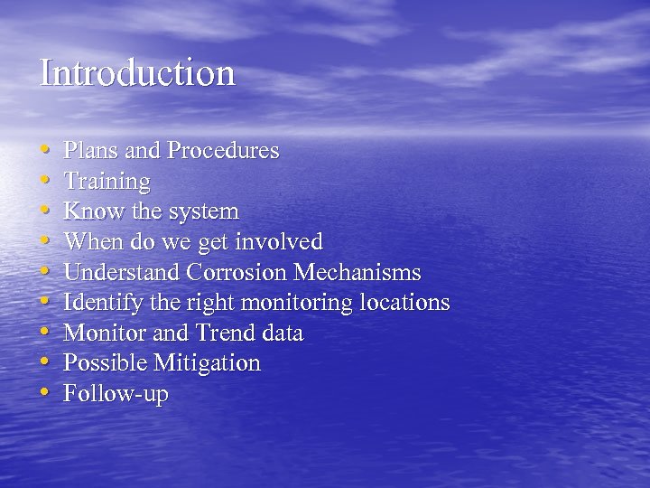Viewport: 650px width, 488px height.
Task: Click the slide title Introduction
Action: click(137, 73)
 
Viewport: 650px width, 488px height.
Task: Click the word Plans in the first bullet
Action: click(88, 151)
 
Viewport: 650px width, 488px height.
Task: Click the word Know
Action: click(89, 212)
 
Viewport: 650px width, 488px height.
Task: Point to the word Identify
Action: click(99, 304)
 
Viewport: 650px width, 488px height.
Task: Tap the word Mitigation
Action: click(207, 364)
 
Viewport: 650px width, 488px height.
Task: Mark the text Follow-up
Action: click(116, 395)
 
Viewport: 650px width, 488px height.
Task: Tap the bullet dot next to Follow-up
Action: click(45, 394)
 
